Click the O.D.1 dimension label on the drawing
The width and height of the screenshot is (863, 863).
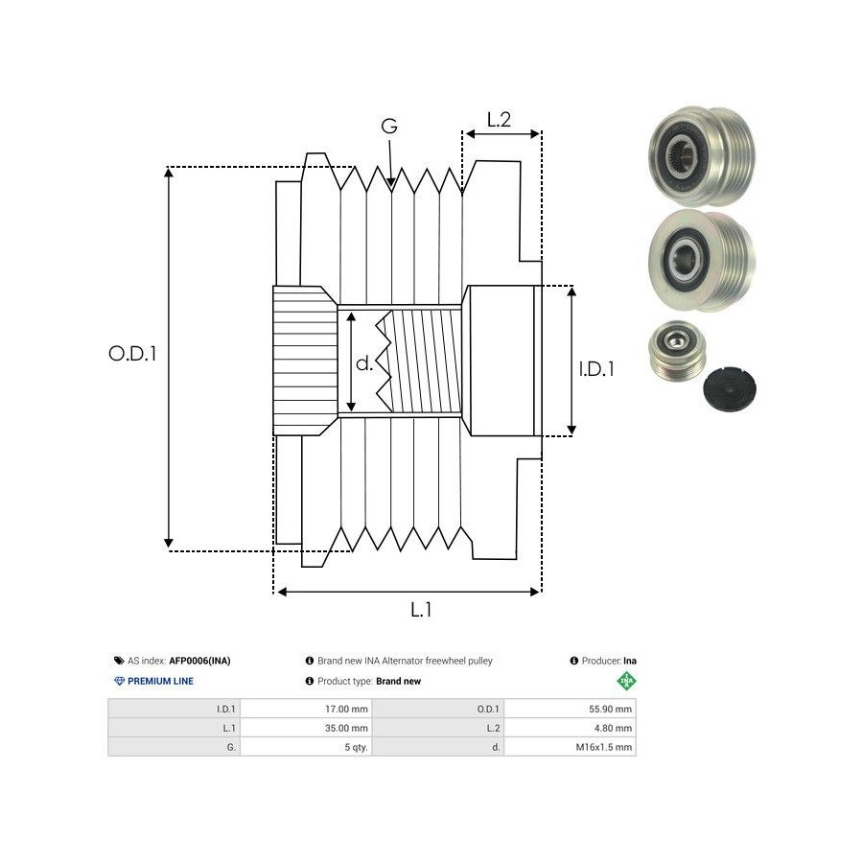pos(132,354)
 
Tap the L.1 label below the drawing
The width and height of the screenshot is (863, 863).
pos(421,610)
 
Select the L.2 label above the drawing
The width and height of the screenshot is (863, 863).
pos(499,120)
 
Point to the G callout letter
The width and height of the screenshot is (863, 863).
pos(389,127)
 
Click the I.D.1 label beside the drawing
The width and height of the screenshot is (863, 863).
pos(596,368)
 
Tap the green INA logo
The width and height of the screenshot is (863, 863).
pos(626,681)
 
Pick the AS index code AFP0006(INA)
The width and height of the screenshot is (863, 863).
pos(199,661)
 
